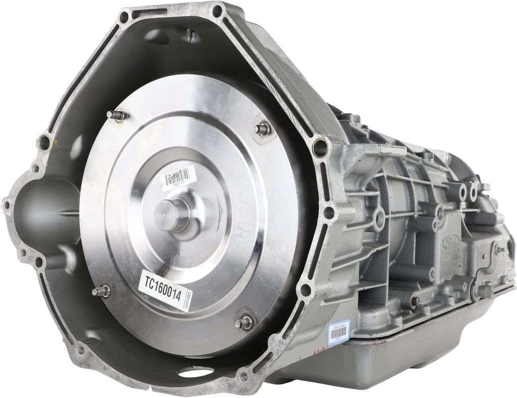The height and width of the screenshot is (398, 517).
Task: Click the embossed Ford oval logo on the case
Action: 452,242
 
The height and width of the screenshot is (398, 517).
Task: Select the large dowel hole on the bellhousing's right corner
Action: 320,147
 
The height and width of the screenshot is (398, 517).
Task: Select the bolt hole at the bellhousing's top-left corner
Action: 124,18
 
